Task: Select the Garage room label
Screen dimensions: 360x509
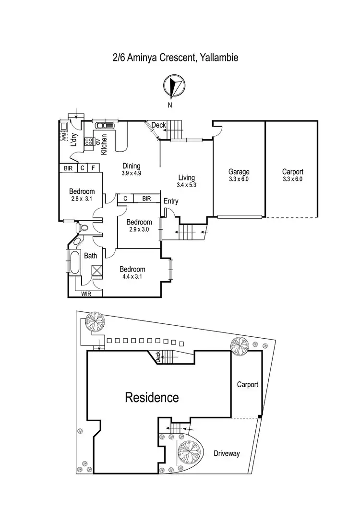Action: (x=239, y=172)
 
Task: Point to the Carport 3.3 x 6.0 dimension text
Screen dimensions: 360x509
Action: (x=292, y=179)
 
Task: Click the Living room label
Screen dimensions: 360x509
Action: (x=187, y=177)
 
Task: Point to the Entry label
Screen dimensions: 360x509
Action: (x=170, y=201)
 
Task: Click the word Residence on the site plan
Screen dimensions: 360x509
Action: (x=152, y=397)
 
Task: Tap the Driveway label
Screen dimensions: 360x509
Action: (x=227, y=453)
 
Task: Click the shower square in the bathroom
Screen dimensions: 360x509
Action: (x=97, y=271)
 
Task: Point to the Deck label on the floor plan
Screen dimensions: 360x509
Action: (x=158, y=125)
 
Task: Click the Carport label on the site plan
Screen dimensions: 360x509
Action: (x=247, y=384)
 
